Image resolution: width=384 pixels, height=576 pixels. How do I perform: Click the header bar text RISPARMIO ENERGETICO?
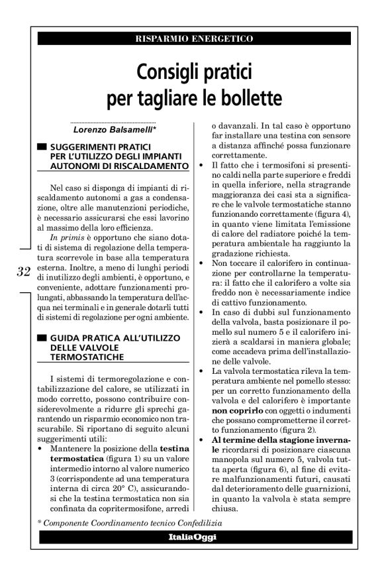(194, 39)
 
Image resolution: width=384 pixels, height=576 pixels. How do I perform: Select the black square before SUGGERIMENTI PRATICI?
(42, 146)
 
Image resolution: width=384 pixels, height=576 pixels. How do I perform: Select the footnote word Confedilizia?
(196, 522)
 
